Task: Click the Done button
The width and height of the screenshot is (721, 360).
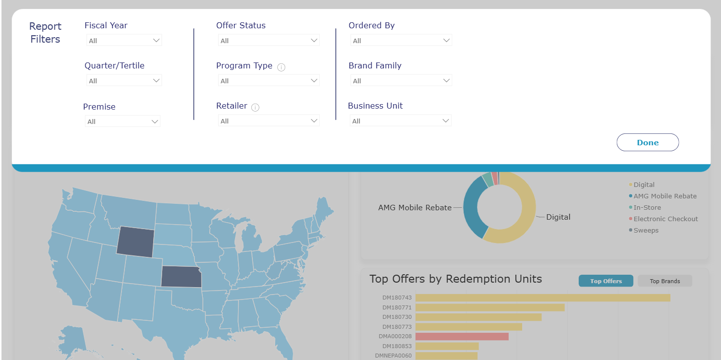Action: (648, 142)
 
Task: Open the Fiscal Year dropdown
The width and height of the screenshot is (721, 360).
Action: (124, 41)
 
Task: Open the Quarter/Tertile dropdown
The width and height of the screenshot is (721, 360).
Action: (124, 80)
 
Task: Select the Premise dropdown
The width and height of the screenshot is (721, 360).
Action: (122, 121)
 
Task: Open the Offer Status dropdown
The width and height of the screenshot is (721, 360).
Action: (269, 41)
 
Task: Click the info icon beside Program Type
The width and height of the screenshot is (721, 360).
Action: (281, 67)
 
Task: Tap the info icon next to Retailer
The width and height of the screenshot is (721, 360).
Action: (255, 108)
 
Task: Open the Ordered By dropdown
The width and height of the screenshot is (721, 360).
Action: (401, 41)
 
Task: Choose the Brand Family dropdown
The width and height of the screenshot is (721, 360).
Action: (401, 80)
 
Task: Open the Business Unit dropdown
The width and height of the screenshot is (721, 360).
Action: (400, 121)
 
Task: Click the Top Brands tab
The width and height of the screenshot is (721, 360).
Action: (664, 281)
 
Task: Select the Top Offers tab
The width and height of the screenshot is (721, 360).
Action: (606, 281)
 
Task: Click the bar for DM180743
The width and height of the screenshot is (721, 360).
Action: (542, 298)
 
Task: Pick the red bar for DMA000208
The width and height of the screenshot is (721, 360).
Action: (462, 337)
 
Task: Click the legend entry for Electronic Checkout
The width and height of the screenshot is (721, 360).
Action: (663, 219)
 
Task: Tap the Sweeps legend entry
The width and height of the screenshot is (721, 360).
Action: (644, 231)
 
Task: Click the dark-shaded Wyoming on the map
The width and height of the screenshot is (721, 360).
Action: (135, 242)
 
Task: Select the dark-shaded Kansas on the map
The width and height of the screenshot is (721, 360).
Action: (181, 277)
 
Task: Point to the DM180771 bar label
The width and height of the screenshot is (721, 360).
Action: (397, 307)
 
